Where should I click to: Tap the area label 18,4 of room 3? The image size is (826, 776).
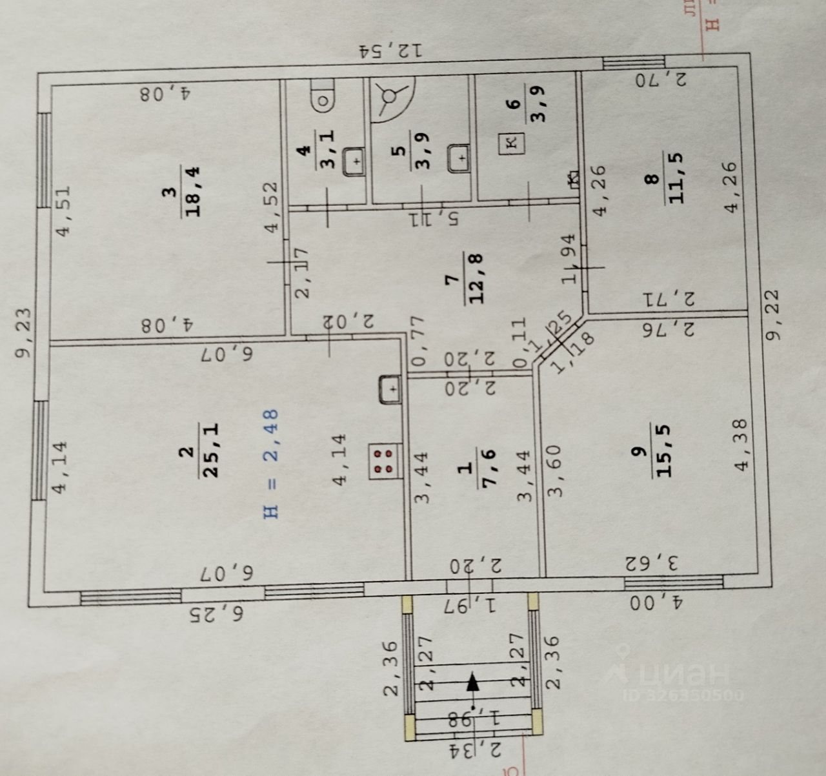click(x=194, y=191)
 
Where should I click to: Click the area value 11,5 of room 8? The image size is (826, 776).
click(x=676, y=178)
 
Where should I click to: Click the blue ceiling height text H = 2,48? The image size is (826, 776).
click(x=271, y=464)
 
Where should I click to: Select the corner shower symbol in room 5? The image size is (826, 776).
click(x=390, y=98)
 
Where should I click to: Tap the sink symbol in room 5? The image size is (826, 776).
click(x=459, y=157)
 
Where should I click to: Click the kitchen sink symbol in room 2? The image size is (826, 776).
click(x=391, y=389)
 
